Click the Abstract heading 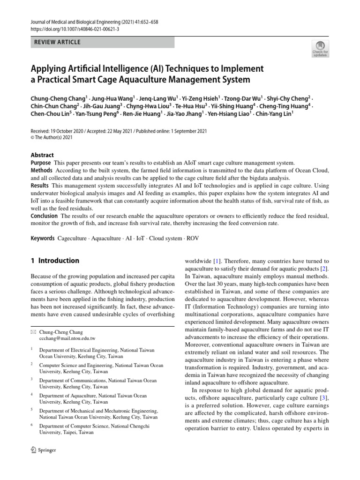click(x=42, y=155)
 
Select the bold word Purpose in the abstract click(x=41, y=162)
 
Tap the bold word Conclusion click(x=44, y=216)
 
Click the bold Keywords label click(x=43, y=238)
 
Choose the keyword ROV click(x=193, y=238)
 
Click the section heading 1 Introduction click(x=55, y=261)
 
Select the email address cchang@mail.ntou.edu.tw click(x=67, y=338)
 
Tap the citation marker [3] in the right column click(x=324, y=398)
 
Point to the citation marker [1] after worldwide click(x=217, y=261)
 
